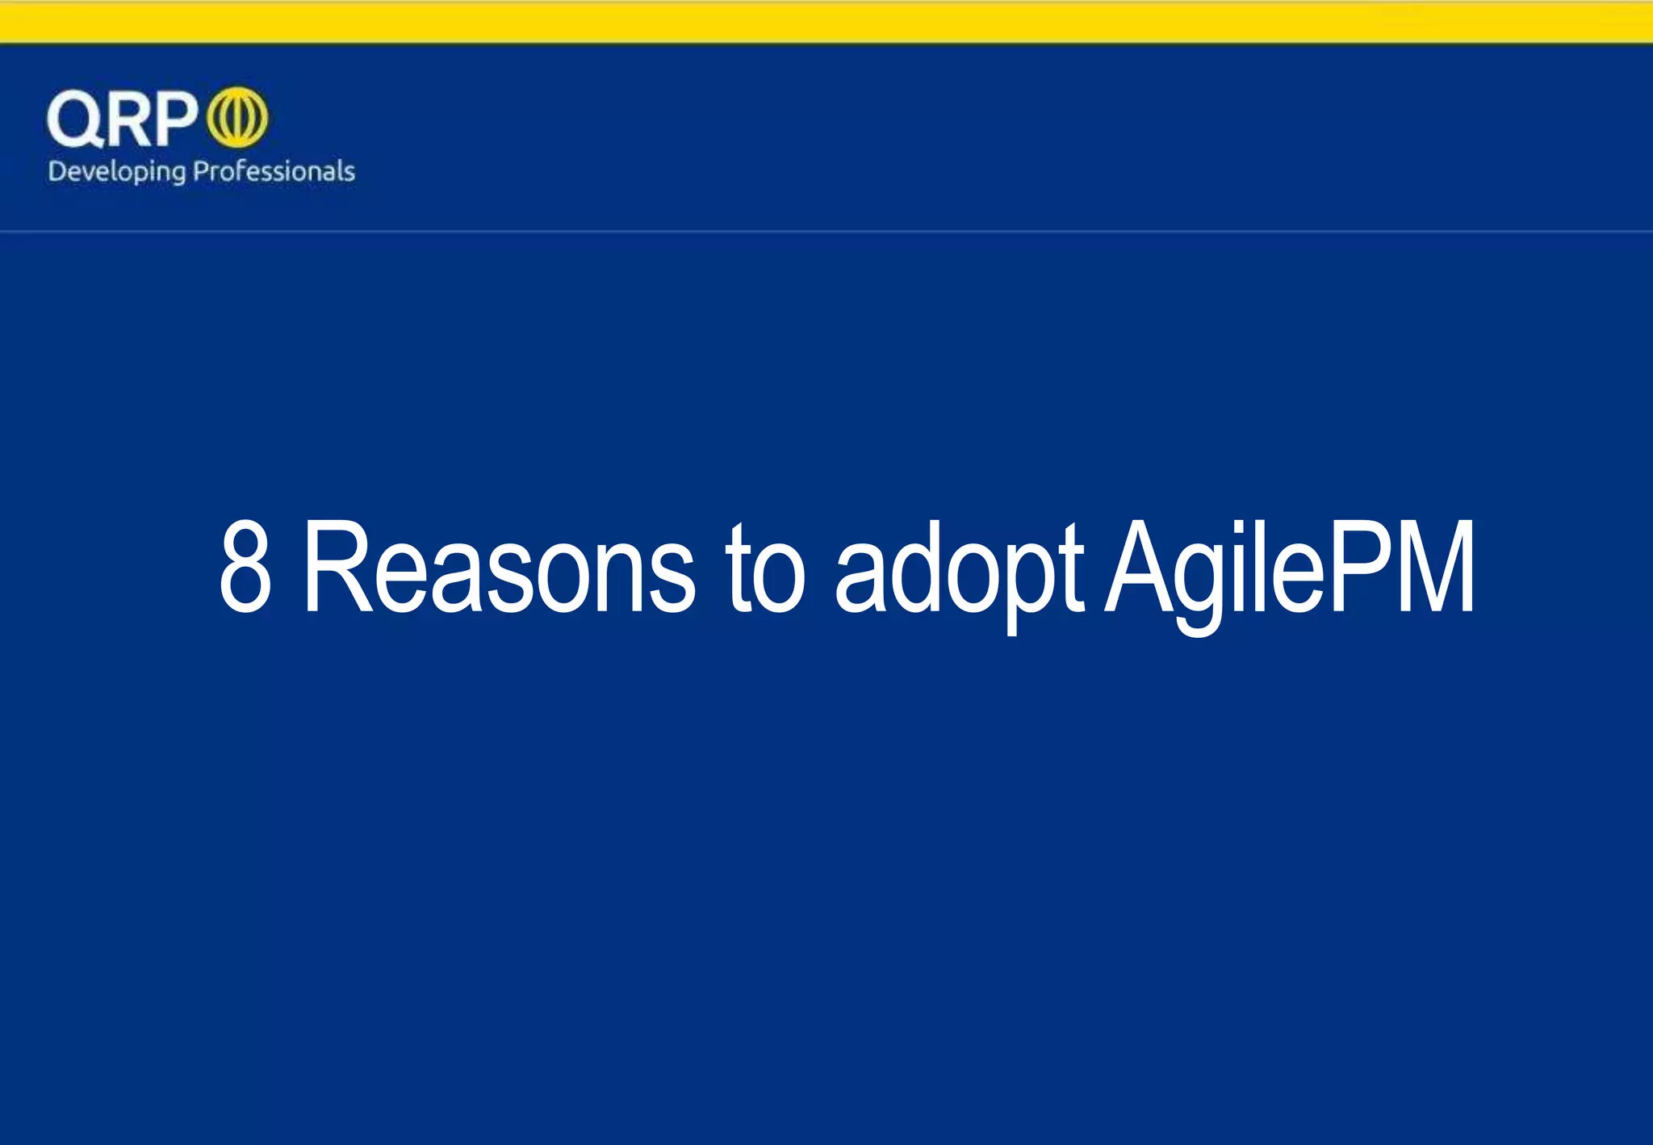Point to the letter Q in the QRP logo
(x=74, y=119)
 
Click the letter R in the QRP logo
(x=127, y=119)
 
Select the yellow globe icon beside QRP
(x=237, y=118)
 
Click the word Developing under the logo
(x=116, y=172)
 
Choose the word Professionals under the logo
(x=274, y=171)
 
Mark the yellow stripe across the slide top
(x=826, y=23)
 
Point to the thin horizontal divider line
(x=826, y=231)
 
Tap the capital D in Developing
(x=56, y=170)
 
